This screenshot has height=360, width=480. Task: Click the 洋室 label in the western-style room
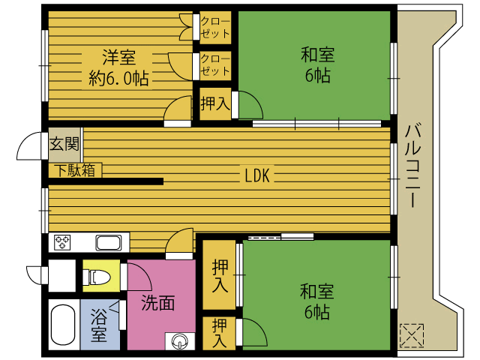119,57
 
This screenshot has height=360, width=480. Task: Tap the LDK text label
257,175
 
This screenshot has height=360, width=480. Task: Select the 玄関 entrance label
64,144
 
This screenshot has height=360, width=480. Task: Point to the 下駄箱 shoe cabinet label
75,170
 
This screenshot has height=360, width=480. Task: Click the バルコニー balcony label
413,166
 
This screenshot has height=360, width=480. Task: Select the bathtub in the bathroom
63,325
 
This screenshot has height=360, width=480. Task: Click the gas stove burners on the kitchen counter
62,242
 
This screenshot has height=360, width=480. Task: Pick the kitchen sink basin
108,243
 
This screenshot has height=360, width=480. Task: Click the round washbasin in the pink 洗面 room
180,341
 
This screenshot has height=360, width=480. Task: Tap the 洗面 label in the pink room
158,303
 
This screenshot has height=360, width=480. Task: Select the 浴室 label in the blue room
99,325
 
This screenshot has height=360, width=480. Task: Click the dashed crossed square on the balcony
412,335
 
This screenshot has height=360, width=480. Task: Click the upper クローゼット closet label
215,28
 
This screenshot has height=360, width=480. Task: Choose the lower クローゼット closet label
215,65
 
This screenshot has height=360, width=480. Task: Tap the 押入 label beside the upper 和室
215,103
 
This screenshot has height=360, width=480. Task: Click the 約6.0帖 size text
118,78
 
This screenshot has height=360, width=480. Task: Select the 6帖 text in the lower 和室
317,312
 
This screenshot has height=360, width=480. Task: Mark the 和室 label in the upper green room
318,55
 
